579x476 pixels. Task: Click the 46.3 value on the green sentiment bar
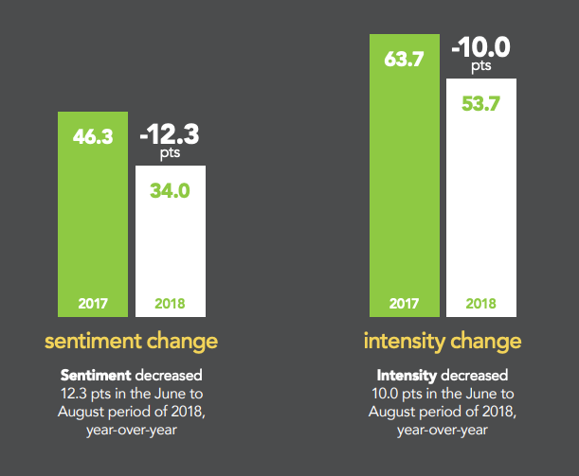(93, 136)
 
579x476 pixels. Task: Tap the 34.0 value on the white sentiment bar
(171, 190)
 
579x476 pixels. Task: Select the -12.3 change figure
(171, 132)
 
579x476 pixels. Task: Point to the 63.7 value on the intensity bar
(403, 59)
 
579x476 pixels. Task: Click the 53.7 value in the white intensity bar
(480, 103)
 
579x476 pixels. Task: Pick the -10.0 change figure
(480, 46)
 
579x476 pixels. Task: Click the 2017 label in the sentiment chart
(93, 305)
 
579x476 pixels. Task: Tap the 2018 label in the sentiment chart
(171, 305)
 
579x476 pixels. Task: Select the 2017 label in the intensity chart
(403, 305)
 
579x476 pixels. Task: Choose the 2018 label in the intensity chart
(480, 305)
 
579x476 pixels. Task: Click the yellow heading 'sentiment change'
(132, 340)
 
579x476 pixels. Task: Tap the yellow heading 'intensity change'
(442, 340)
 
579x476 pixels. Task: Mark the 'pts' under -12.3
(171, 152)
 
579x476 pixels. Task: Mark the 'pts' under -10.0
(480, 66)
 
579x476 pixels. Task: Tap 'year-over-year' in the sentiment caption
(132, 429)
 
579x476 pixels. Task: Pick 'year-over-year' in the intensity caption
(442, 429)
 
